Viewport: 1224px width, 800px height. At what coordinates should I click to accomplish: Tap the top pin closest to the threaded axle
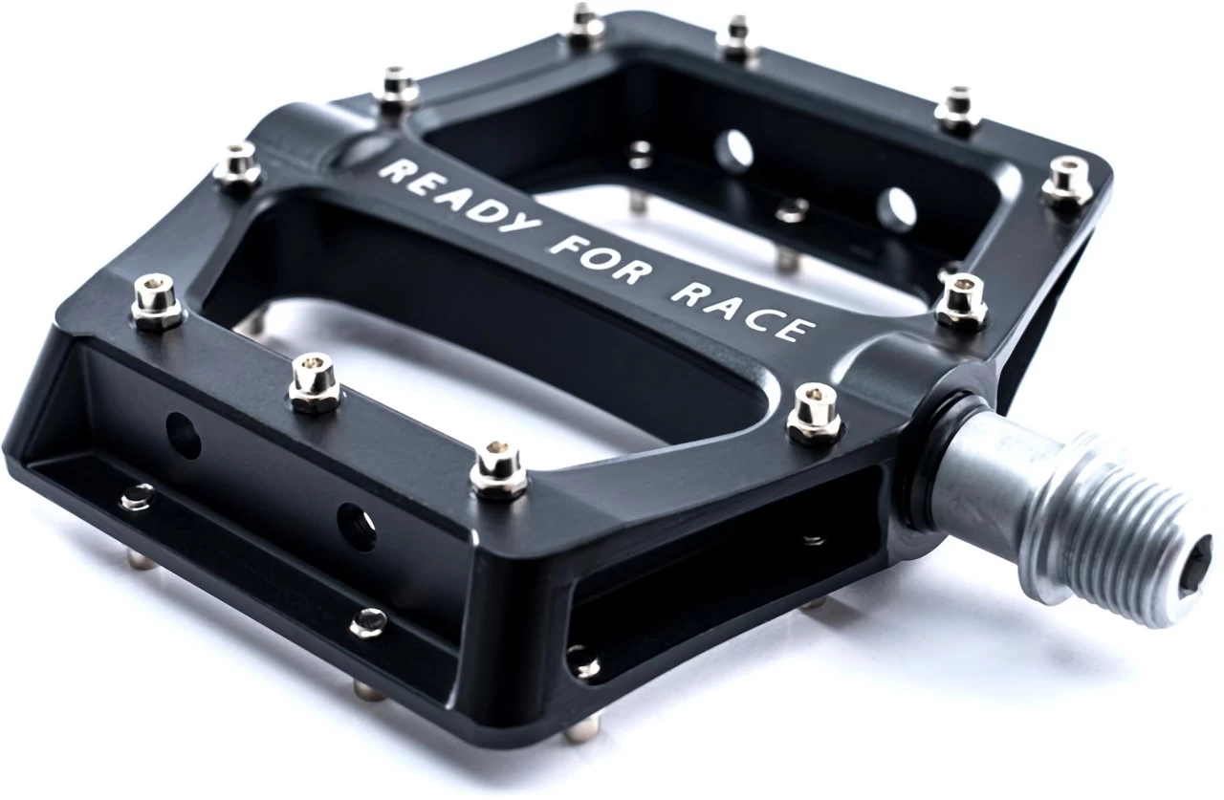(814, 413)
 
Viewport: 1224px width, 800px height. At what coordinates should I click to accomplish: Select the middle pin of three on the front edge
(314, 382)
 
